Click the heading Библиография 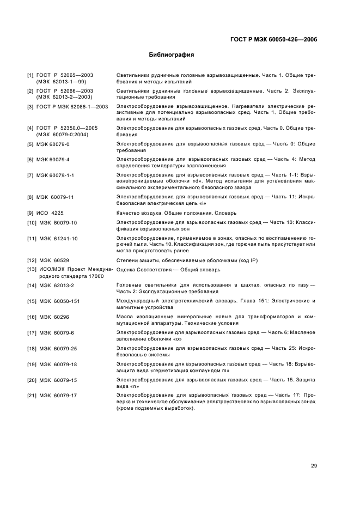click(x=172, y=55)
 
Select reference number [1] click(x=30, y=75)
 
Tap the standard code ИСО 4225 click(x=54, y=212)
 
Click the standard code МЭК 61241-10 click(x=59, y=238)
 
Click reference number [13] click(x=32, y=270)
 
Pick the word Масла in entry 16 click(x=125, y=316)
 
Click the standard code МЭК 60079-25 click(x=59, y=348)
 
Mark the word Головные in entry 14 click(x=130, y=285)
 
